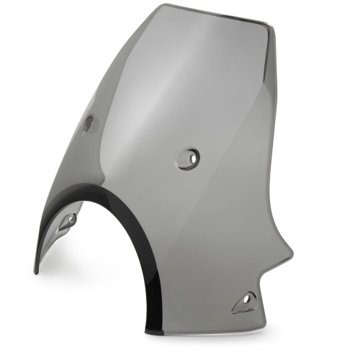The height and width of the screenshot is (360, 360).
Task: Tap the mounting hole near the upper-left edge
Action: point(87,124)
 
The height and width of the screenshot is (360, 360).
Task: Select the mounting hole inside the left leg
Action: point(68,221)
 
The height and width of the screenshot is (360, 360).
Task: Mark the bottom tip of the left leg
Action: point(37,271)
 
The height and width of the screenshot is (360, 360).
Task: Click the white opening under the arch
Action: point(101,274)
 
